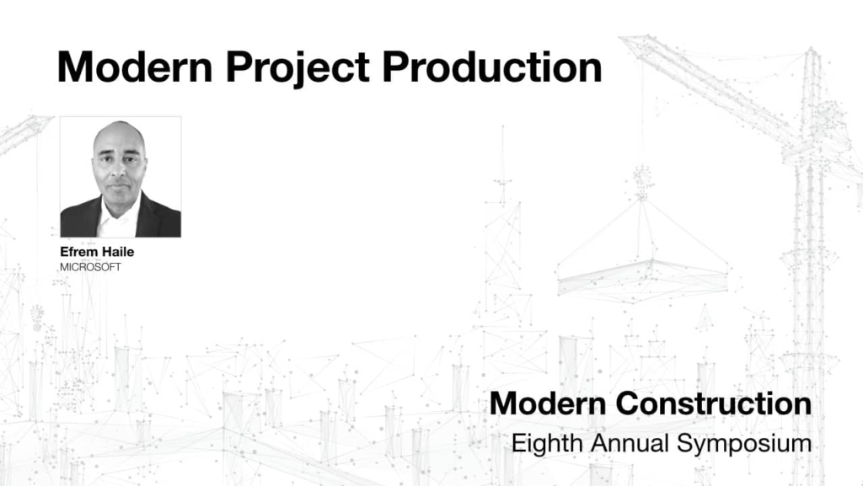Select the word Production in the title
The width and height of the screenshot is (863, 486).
[492, 67]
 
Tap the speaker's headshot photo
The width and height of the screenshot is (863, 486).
[120, 177]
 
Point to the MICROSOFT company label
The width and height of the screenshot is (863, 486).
[90, 267]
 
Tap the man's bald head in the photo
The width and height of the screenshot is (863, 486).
[118, 135]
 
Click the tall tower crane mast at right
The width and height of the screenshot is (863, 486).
[811, 253]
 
